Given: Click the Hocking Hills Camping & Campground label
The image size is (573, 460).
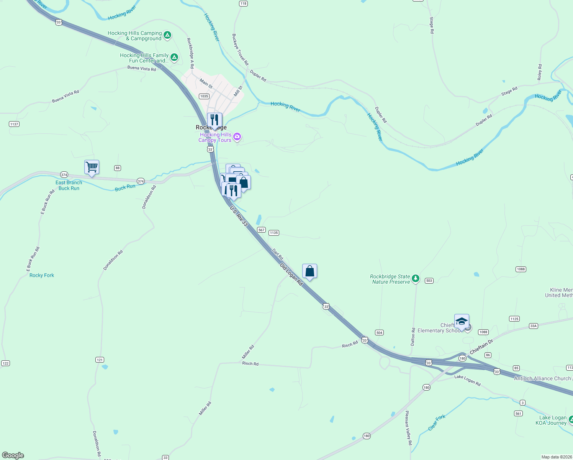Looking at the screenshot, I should point(134,36).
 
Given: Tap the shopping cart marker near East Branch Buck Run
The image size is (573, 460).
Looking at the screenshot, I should point(92,168).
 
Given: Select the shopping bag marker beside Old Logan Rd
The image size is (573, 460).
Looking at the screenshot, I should point(309,271).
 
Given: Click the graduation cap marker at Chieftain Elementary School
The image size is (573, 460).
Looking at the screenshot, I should point(462,322).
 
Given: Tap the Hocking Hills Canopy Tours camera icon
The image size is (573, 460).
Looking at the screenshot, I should point(237,137).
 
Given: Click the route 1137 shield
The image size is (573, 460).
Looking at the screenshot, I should point(14,124).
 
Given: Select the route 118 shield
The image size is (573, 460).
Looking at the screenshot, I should point(243,3).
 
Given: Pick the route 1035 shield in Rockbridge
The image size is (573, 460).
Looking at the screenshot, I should point(204,96).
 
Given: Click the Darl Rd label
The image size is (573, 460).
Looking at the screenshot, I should point(278,254).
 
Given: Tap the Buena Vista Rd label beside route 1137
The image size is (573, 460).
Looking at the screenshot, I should point(65,97).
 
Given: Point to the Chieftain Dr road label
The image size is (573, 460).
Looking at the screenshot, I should point(481,347).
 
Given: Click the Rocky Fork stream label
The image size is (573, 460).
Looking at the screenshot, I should point(42,275).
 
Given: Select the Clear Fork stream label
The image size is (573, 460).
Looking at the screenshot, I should point(437,422).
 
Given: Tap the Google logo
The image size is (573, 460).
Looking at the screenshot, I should point(13,455).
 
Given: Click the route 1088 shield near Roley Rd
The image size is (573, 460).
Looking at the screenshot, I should point(521,269).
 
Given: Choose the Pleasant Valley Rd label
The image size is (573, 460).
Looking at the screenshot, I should point(409,427).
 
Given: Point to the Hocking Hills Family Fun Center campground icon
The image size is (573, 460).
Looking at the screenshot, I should point(174,58).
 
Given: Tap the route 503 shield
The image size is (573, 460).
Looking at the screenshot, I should point(429,281).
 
